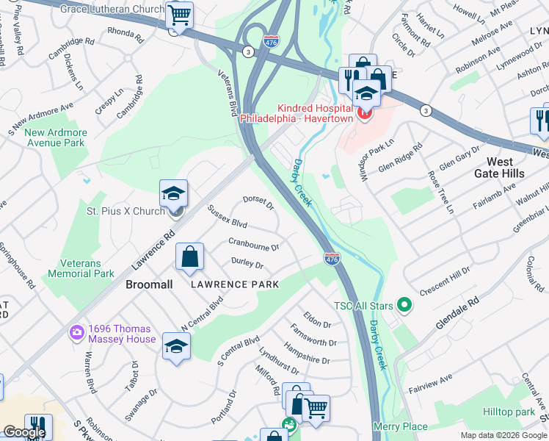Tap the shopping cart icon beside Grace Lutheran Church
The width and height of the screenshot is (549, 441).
pyautogui.click(x=179, y=15)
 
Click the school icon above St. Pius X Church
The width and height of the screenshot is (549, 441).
pyautogui.click(x=173, y=194)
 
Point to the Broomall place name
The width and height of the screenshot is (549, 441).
pyautogui.click(x=150, y=284)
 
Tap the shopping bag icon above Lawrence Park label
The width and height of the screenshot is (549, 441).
pyautogui.click(x=189, y=257)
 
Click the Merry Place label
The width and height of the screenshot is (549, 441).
pyautogui.click(x=400, y=427)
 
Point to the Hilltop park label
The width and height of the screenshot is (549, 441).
pyautogui.click(x=509, y=412)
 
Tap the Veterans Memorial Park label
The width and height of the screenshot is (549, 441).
pyautogui.click(x=81, y=268)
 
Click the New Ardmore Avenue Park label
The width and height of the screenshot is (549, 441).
pyautogui.click(x=56, y=137)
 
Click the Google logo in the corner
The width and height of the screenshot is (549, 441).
pyautogui.click(x=24, y=432)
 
